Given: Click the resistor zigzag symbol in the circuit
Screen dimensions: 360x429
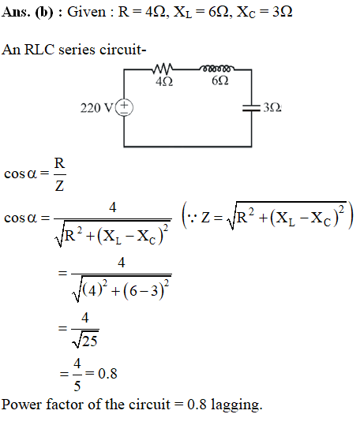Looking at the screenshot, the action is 163,69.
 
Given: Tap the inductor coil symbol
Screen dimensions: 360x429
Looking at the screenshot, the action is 217,68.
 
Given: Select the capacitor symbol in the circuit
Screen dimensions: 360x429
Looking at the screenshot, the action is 251,108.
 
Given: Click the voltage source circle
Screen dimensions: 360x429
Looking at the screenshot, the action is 125,107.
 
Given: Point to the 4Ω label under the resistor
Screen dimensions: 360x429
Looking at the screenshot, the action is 164,81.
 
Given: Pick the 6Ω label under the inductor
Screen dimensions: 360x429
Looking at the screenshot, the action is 220,80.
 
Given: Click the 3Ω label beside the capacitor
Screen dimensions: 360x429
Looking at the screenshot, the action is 272,107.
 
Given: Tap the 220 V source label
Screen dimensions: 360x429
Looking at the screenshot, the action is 96,108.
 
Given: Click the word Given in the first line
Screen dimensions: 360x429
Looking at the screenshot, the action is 87,12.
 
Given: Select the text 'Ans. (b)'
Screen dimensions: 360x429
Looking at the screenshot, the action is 27,13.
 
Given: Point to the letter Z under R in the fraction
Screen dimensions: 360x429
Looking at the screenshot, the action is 59,186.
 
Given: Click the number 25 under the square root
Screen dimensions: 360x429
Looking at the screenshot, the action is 90,341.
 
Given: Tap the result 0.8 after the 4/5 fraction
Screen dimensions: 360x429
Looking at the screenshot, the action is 107,374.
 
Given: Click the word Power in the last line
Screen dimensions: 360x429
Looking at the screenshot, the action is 22,405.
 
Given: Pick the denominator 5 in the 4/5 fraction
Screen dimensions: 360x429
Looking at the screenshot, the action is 77,386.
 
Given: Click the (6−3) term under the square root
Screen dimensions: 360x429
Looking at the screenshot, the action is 144,291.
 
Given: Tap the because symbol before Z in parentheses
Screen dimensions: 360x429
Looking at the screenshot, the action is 193,218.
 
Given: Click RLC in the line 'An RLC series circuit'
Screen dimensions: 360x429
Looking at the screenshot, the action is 39,50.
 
